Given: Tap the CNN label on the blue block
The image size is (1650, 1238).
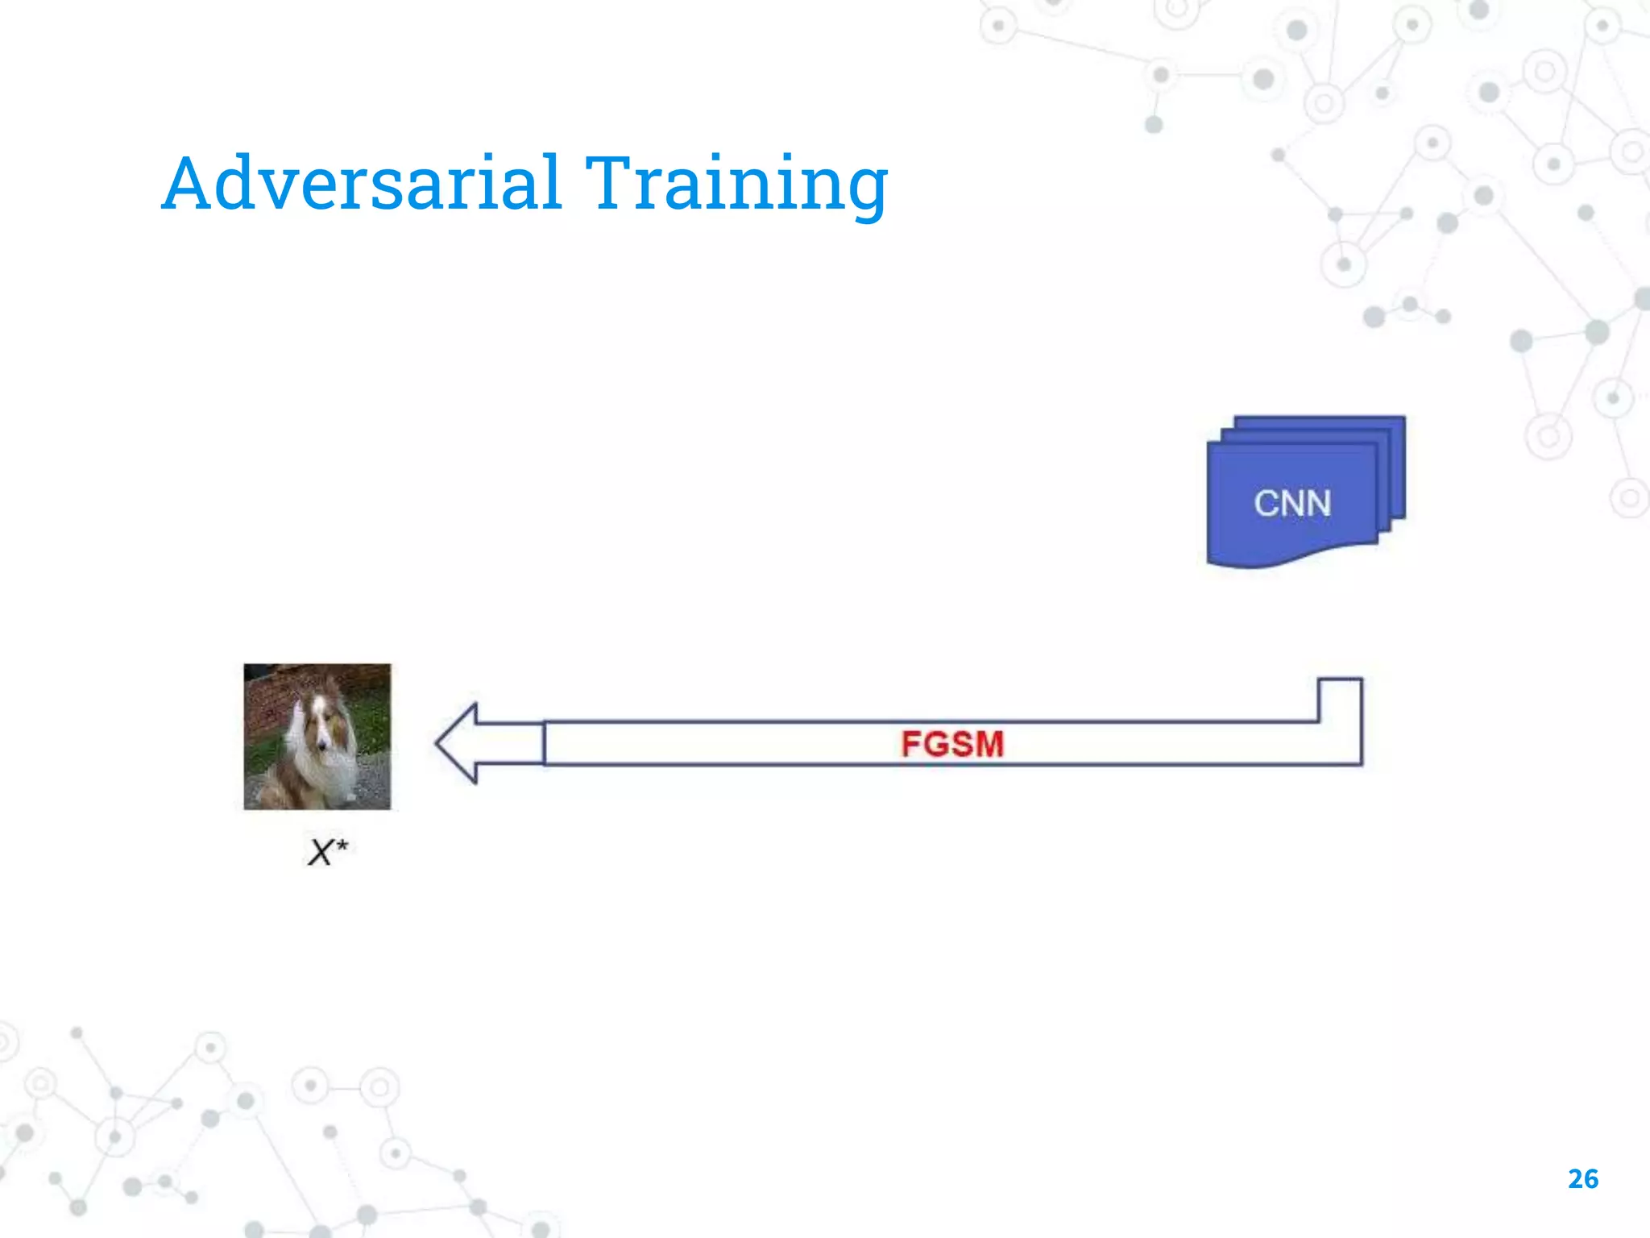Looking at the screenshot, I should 1292,503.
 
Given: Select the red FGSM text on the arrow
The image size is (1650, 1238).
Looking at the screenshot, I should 952,744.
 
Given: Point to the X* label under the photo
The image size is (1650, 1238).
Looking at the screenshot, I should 327,852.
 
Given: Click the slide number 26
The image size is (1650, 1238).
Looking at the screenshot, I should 1583,1179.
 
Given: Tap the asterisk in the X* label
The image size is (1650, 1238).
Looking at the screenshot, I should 342,844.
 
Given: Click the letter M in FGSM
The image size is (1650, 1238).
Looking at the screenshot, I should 989,744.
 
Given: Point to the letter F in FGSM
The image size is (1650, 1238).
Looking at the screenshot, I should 911,744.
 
